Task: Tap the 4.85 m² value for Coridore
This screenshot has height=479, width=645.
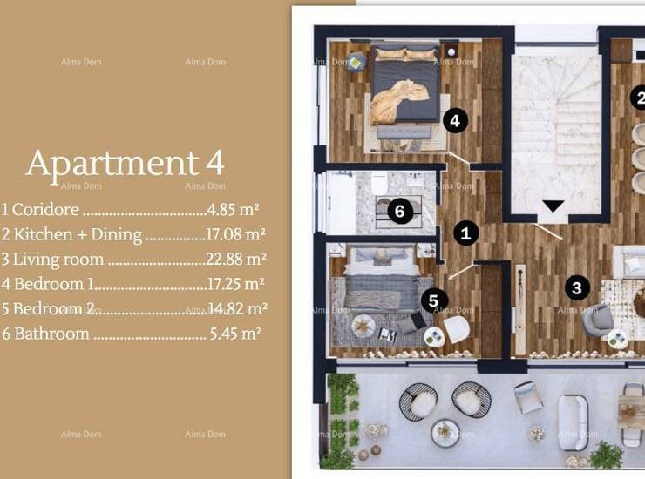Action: tap(234, 209)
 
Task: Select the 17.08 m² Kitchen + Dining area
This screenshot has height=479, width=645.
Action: tap(235, 234)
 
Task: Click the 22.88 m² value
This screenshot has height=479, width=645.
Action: tap(236, 259)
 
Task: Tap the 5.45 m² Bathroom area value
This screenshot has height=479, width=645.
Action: tap(235, 334)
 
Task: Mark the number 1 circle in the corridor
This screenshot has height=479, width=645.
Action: tap(465, 233)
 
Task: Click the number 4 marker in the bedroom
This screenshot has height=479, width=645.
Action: tap(455, 121)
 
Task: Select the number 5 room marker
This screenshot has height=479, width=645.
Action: tap(433, 300)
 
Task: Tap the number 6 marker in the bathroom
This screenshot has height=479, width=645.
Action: tap(400, 211)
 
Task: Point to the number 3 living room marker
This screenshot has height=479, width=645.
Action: tap(577, 287)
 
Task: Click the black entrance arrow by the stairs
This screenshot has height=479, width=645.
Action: tap(553, 206)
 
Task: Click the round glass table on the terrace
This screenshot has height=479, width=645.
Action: tap(445, 433)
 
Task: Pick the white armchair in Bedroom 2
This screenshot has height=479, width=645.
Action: tap(457, 328)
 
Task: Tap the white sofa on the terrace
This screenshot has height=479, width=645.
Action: tap(574, 422)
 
